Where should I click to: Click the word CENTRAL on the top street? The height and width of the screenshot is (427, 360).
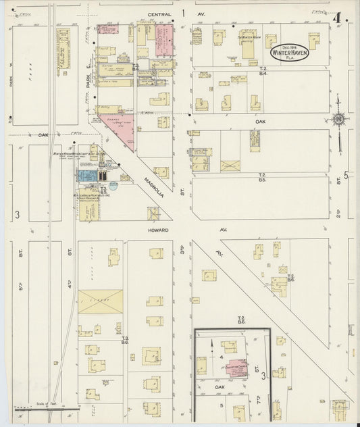point(161,13)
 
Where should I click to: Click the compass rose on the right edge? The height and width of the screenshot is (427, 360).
point(339,120)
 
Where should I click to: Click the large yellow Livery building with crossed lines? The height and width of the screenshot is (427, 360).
point(101,301)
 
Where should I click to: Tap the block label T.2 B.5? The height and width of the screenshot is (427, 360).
point(263,177)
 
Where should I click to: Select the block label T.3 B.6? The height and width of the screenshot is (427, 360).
point(124,339)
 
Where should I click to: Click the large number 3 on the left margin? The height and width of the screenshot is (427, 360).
point(16,216)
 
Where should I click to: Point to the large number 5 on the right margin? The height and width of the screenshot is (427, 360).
point(346,175)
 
